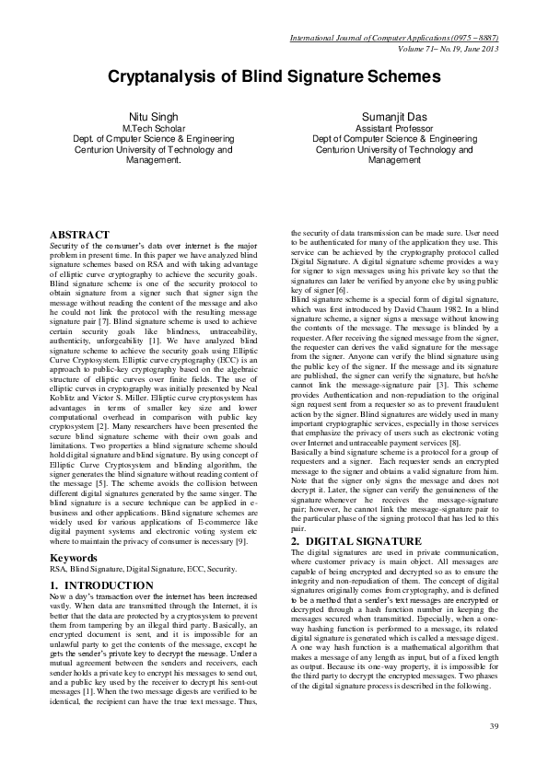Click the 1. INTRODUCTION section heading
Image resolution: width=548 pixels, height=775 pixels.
[101, 585]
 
